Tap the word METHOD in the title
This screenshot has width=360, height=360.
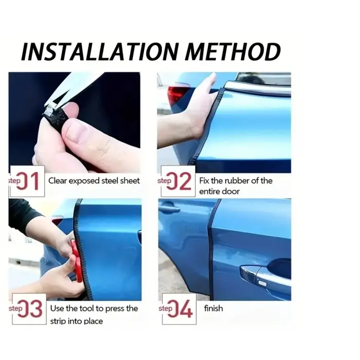pyautogui.click(x=233, y=51)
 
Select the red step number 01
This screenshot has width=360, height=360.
pyautogui.click(x=28, y=182)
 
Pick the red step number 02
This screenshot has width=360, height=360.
pyautogui.click(x=179, y=182)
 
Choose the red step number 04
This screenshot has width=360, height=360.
pyautogui.click(x=180, y=309)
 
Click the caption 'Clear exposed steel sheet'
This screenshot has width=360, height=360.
pyautogui.click(x=94, y=181)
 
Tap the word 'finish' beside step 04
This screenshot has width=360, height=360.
pyautogui.click(x=213, y=308)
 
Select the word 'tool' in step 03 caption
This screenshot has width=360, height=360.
pyautogui.click(x=86, y=309)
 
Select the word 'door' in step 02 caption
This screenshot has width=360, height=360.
pyautogui.click(x=231, y=191)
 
